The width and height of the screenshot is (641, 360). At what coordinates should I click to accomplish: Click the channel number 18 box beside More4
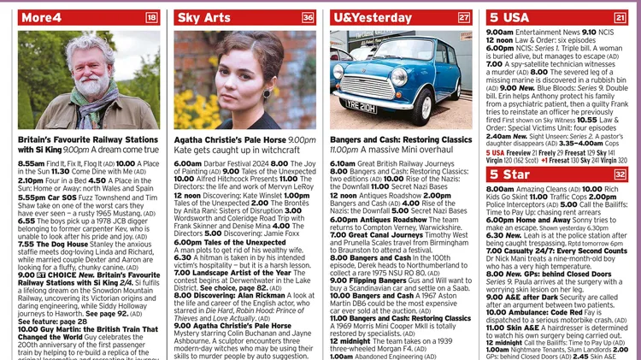[152, 17]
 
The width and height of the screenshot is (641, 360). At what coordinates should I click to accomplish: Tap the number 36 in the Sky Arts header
[309, 17]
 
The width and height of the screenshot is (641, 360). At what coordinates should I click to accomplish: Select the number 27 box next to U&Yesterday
[464, 17]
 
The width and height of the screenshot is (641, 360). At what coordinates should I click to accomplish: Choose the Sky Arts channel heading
[203, 17]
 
